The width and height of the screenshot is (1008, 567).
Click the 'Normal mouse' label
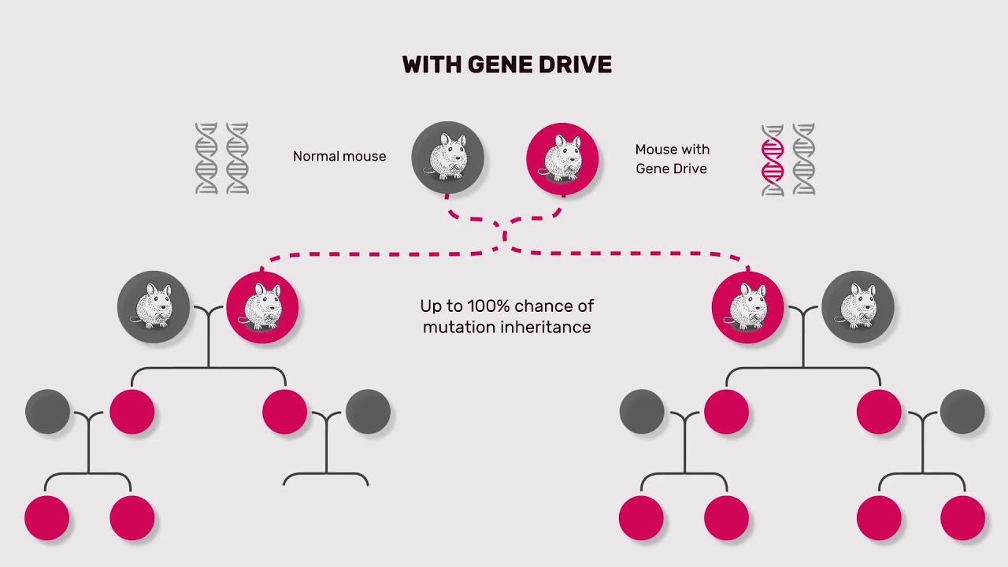[339, 157]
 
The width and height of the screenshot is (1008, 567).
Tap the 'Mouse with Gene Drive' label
[672, 159]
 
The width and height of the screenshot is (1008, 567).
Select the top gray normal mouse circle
[447, 157]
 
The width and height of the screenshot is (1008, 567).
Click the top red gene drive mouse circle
[562, 158]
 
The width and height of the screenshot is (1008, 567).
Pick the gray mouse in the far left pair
[154, 306]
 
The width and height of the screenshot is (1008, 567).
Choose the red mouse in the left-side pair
[262, 306]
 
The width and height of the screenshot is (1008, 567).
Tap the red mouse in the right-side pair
[747, 306]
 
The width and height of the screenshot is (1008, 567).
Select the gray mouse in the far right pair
[858, 306]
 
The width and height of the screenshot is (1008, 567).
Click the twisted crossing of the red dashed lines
[505, 234]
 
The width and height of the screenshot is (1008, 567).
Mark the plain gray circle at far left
[47, 412]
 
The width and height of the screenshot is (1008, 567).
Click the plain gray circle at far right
[962, 412]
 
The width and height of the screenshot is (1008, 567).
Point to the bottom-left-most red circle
[47, 518]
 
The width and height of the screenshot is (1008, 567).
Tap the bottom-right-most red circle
[962, 518]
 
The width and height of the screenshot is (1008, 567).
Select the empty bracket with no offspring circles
[326, 477]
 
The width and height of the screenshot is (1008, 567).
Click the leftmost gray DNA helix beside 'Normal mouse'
[206, 158]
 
